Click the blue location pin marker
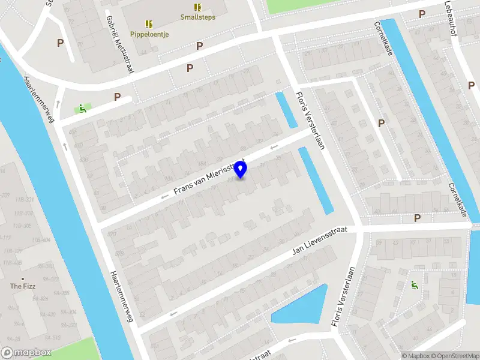coord(241,170)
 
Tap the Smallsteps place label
coord(197,17)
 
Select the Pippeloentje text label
coord(149,34)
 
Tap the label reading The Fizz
coord(23,286)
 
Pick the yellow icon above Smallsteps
coord(197,7)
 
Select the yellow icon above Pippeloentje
coord(149,24)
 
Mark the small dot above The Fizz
coord(23,279)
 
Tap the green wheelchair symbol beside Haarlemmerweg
coord(82,109)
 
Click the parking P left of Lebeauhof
coord(422,14)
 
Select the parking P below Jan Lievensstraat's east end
coord(417,218)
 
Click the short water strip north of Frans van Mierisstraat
coord(286,110)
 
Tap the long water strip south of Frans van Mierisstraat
coord(316,180)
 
